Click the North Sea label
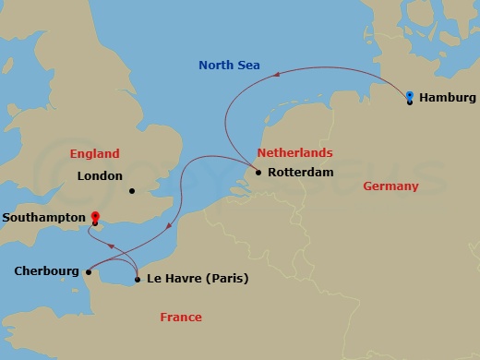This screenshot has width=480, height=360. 230,66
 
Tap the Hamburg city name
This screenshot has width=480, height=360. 447,98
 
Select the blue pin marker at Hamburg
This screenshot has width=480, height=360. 409,95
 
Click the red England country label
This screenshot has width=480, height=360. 95,153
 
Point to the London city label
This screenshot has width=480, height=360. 100,175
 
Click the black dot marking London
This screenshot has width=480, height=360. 132,192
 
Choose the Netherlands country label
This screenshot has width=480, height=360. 294,152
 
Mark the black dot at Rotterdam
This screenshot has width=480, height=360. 258,173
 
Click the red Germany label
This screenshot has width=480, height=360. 390,186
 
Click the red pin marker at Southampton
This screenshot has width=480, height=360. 94,217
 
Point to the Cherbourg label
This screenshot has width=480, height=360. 46,271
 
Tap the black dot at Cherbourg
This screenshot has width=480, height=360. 88,271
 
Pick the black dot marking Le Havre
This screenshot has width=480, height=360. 137,279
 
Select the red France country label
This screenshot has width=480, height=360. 181,317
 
